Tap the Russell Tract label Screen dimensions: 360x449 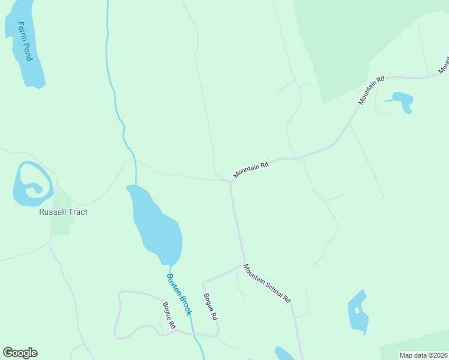[x=63, y=212]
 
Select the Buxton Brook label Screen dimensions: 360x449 [x=179, y=295]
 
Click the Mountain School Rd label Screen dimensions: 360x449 [x=267, y=283]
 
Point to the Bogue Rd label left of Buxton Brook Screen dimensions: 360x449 [x=169, y=314]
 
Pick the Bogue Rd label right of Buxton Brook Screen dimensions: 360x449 [x=209, y=307]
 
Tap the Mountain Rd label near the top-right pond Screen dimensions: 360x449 [x=371, y=90]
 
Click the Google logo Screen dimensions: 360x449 [x=20, y=353]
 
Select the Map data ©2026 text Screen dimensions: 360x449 [x=423, y=355]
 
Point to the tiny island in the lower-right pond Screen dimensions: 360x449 [x=357, y=310]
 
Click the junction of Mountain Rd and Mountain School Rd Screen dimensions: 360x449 [x=231, y=181]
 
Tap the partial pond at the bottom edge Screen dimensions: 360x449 [x=284, y=354]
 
